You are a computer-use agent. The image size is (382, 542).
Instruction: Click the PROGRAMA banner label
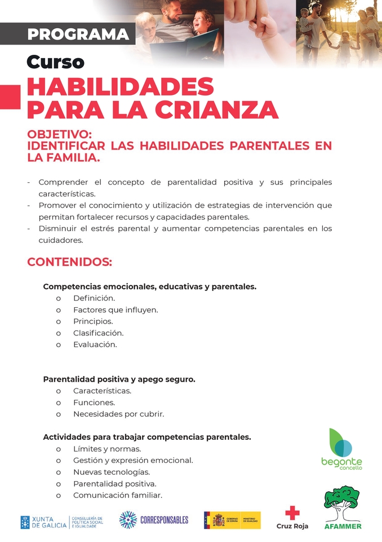[x=78, y=34]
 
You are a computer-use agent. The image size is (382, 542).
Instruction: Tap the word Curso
[x=55, y=62]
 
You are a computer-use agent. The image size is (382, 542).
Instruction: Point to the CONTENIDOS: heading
[x=70, y=263]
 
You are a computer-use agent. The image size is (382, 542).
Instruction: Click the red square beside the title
[x=10, y=97]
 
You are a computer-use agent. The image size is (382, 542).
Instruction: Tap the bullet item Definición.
[x=94, y=298]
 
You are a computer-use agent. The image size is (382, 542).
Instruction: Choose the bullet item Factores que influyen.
[x=115, y=310]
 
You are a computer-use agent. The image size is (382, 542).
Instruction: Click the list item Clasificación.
[x=98, y=333]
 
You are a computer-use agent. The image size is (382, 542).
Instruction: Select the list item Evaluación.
[x=95, y=344]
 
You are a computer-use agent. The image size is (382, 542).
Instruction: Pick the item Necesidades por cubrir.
[x=118, y=414]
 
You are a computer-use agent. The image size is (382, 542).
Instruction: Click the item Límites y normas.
[x=107, y=449]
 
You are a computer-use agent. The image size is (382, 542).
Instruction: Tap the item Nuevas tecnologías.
[x=112, y=472]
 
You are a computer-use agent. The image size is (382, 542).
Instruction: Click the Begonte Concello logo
[x=341, y=449]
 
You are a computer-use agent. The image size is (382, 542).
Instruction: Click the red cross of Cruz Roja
[x=292, y=513]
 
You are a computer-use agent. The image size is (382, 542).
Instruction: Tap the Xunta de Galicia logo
[x=62, y=522]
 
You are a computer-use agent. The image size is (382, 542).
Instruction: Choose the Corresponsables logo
[x=154, y=519]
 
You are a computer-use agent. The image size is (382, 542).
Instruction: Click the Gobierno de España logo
[x=232, y=520]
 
